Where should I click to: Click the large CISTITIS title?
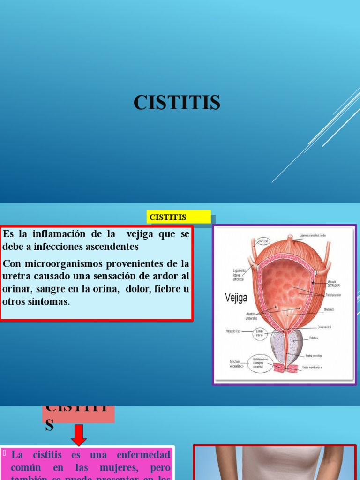pos(177,103)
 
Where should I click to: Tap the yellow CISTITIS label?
pos(168,217)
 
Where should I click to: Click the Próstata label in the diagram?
pos(314,338)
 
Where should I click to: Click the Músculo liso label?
pos(234,331)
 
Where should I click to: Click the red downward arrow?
pos(79,435)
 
